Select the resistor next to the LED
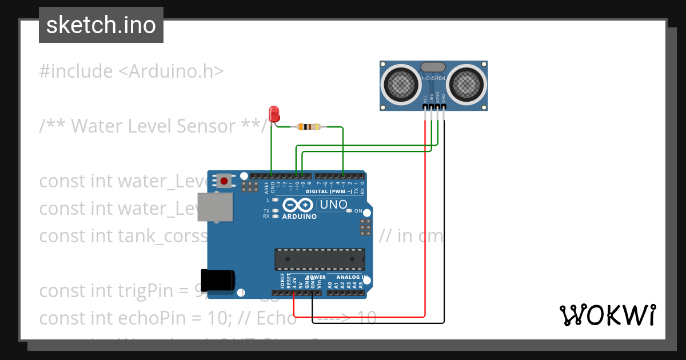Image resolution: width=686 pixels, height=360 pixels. pyautogui.click(x=309, y=127)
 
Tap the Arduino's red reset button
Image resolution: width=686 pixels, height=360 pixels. pyautogui.click(x=224, y=181)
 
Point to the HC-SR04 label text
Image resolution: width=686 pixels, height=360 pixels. pyautogui.click(x=434, y=79)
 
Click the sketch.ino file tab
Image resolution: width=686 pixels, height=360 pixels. pyautogui.click(x=101, y=25)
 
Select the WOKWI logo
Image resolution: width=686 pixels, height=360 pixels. pyautogui.click(x=607, y=315)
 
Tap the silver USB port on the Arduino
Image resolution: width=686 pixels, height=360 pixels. pyautogui.click(x=215, y=207)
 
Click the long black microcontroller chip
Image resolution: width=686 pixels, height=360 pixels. pyautogui.click(x=320, y=259)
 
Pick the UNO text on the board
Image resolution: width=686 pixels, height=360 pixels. pyautogui.click(x=333, y=204)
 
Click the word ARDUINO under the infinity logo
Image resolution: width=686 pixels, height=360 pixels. pyautogui.click(x=299, y=217)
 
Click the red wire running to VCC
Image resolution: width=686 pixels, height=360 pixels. pyautogui.click(x=425, y=229)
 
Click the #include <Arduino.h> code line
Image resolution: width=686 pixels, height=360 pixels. pyautogui.click(x=131, y=71)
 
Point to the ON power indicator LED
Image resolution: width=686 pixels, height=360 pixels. pyautogui.click(x=349, y=211)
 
